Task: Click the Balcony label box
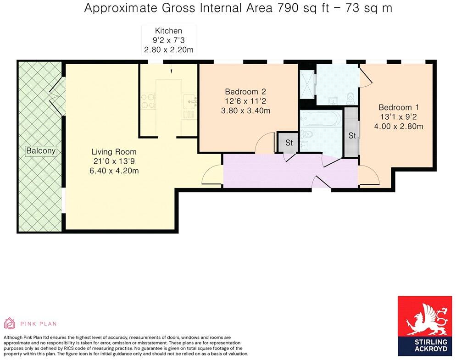(41, 150)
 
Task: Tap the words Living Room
(114, 152)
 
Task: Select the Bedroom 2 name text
(245, 91)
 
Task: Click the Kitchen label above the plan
(168, 31)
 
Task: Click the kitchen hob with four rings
(149, 101)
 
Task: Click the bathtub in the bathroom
(320, 120)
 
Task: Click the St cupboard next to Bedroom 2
(289, 143)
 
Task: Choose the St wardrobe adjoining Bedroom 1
(352, 135)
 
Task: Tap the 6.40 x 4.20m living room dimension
(114, 171)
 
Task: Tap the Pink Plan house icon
(10, 323)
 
